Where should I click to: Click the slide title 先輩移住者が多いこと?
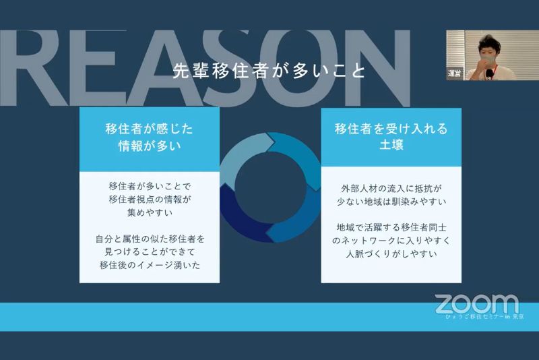(268, 71)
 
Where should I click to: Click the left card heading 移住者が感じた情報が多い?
(150, 138)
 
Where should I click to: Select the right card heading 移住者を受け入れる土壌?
(391, 136)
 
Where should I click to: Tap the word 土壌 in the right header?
(391, 144)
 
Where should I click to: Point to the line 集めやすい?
(150, 212)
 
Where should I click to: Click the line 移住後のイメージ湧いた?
(150, 265)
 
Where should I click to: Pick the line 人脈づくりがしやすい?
(391, 253)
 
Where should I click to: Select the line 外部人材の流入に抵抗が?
(391, 188)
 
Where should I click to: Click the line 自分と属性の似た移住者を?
(150, 239)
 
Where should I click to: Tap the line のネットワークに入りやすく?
(391, 241)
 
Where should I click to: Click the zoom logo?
(477, 303)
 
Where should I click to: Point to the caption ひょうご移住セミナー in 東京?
(484, 317)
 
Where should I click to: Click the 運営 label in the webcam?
(454, 73)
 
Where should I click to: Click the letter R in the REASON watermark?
(32, 68)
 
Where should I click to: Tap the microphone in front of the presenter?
(489, 73)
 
